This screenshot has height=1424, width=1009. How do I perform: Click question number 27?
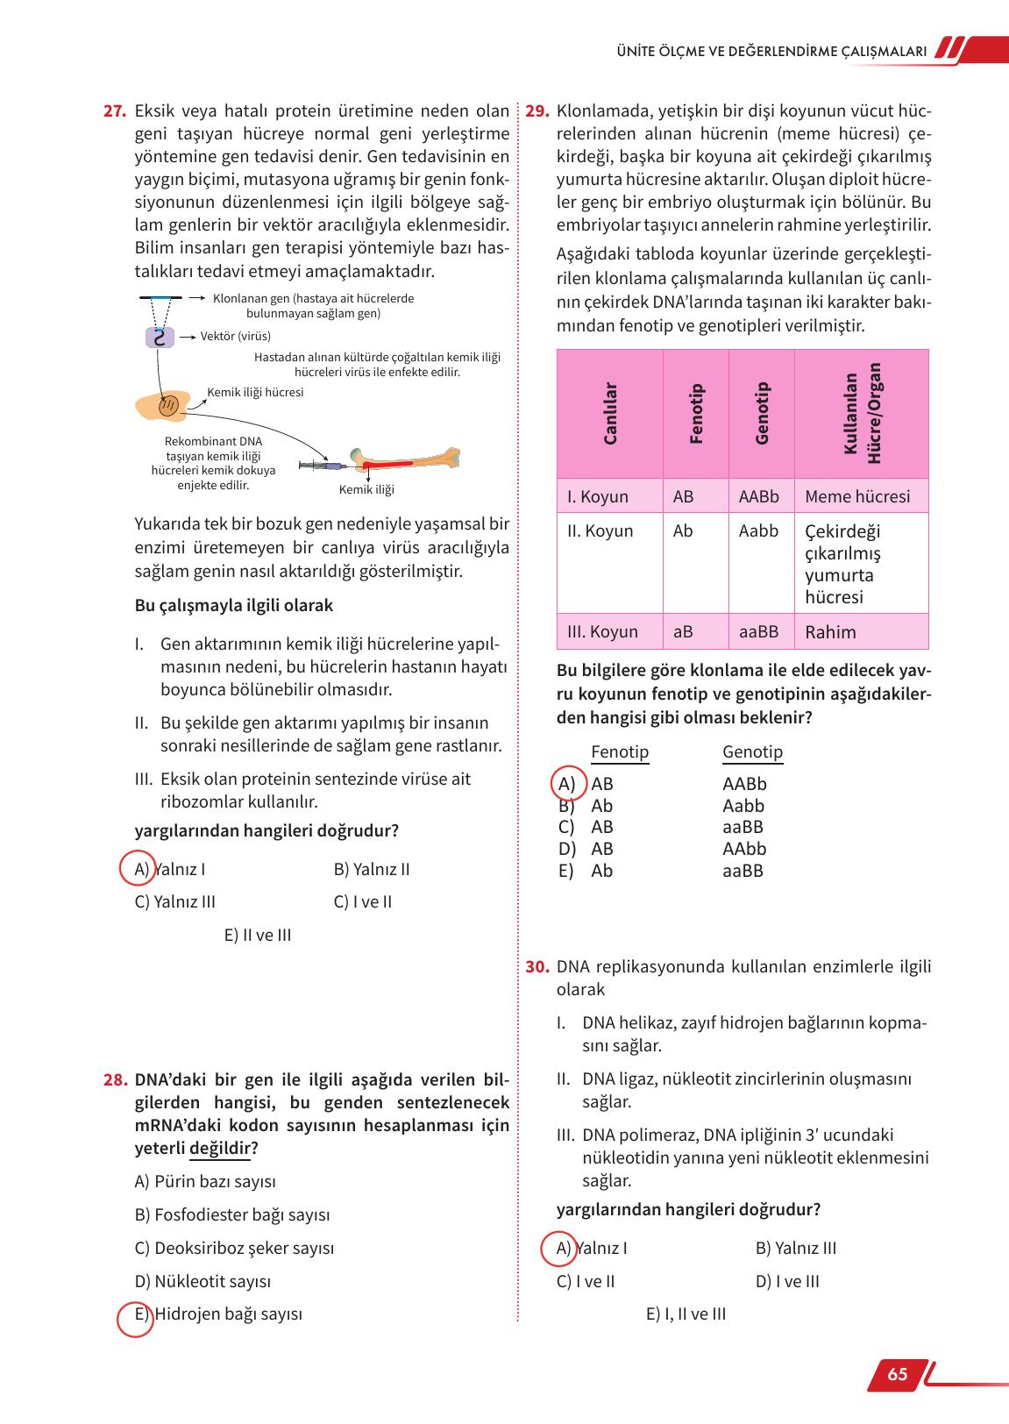[x=115, y=111]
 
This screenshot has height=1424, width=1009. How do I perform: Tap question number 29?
[x=537, y=111]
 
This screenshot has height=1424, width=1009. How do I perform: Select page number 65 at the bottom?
[x=897, y=1374]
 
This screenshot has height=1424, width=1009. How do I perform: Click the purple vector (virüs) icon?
[x=159, y=337]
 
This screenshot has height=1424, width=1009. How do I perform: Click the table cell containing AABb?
[x=759, y=496]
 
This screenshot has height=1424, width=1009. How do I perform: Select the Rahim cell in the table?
[x=830, y=632]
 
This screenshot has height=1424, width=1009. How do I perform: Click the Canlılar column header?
[x=610, y=414]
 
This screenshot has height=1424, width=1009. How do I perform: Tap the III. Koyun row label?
[x=602, y=631]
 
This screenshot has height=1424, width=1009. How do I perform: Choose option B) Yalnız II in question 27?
[x=372, y=870]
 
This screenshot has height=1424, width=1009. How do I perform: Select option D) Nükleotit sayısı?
[x=203, y=1281]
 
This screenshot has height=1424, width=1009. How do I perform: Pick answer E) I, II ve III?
[x=686, y=1314]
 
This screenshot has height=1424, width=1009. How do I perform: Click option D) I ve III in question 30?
[x=786, y=1281]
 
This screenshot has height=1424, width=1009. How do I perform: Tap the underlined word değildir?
[x=219, y=1149]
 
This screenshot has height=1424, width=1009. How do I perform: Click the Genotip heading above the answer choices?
[x=752, y=752]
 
